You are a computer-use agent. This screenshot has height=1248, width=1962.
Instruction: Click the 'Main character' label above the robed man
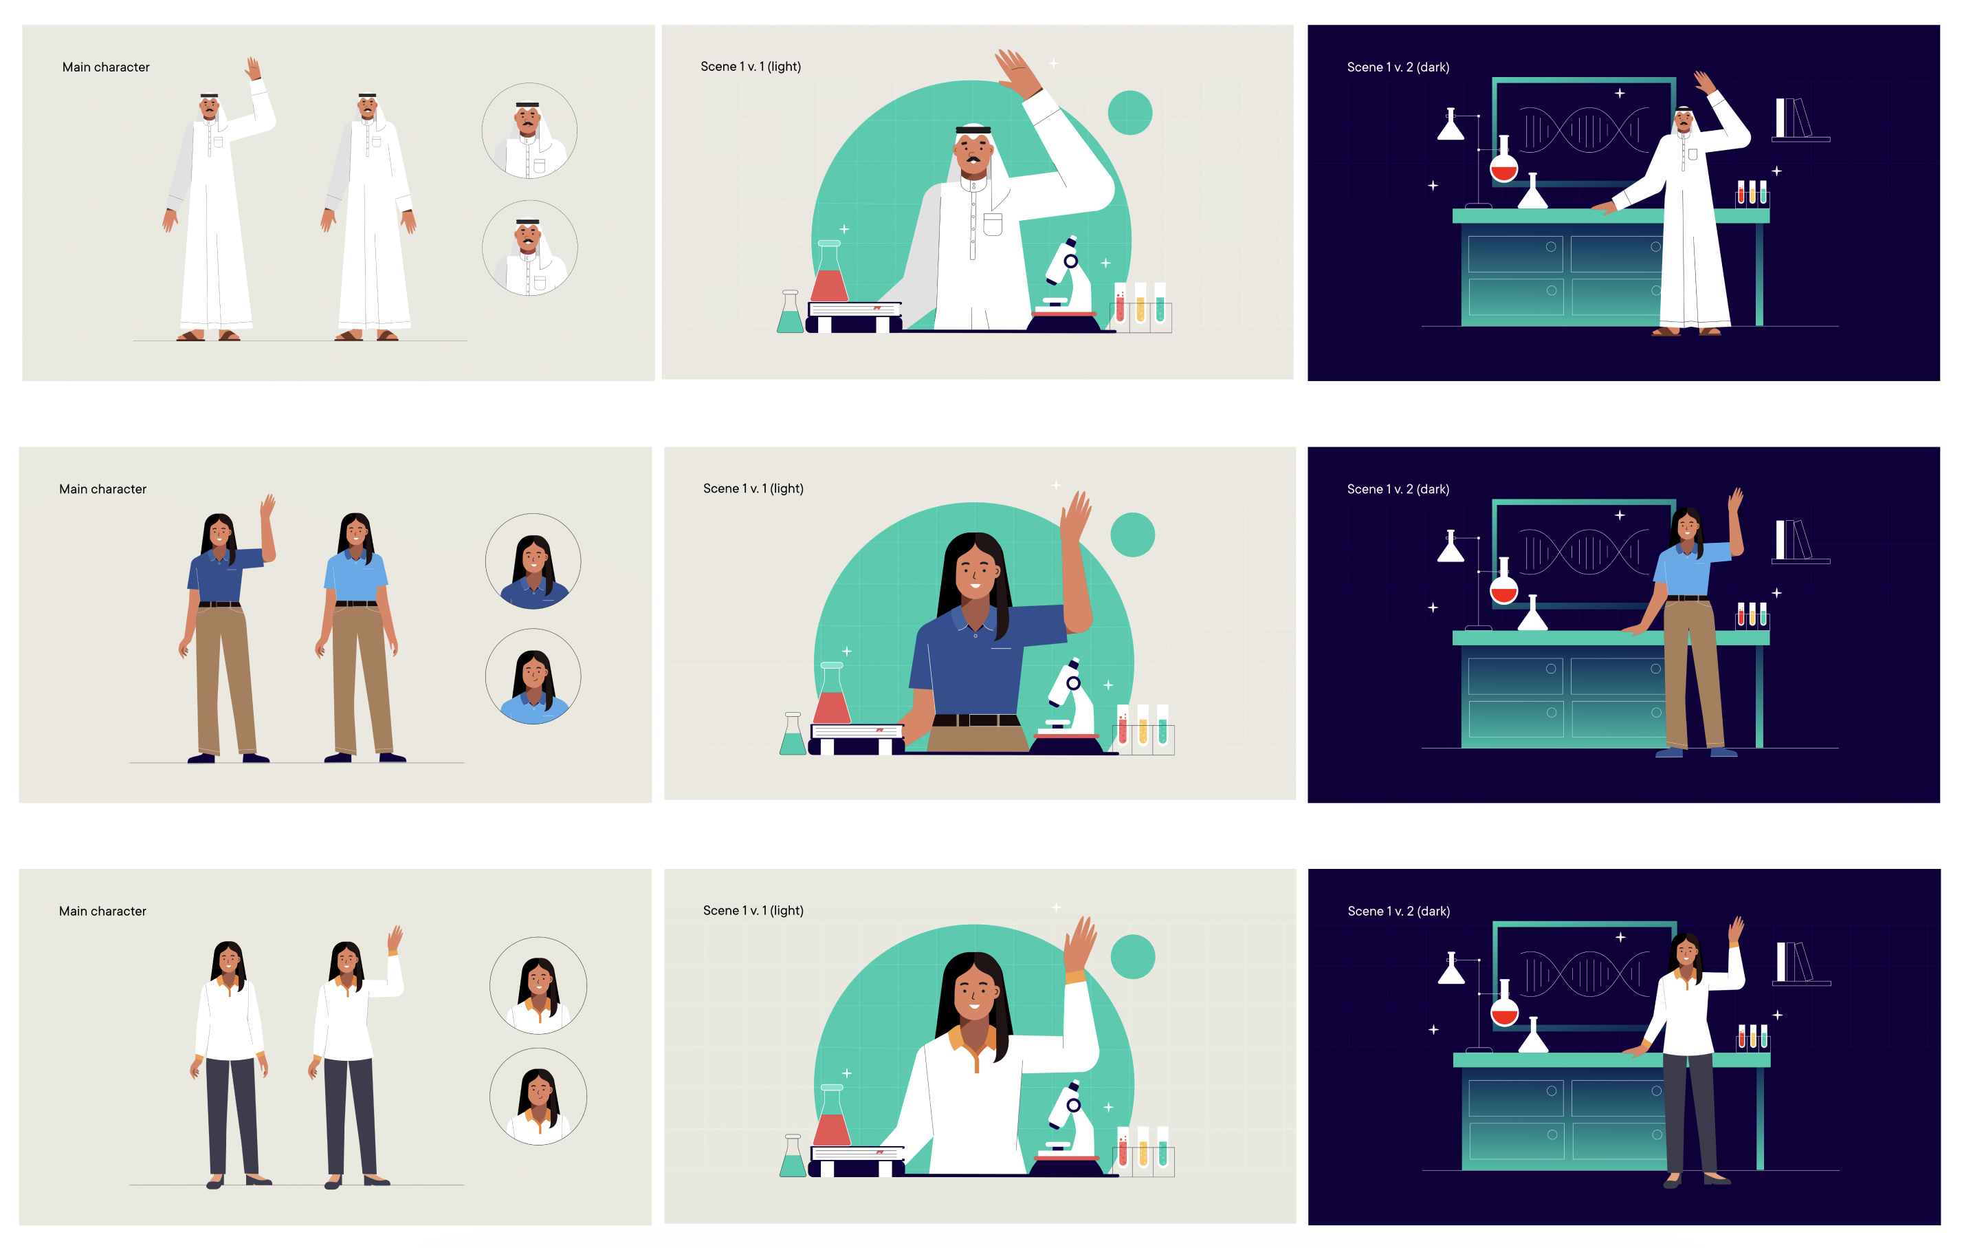pyautogui.click(x=106, y=67)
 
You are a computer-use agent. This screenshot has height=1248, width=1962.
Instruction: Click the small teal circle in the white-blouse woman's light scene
pyautogui.click(x=1132, y=956)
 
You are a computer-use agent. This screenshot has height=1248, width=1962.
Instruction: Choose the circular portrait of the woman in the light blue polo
pyautogui.click(x=533, y=676)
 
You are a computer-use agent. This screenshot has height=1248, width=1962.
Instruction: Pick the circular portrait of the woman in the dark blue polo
pyautogui.click(x=533, y=561)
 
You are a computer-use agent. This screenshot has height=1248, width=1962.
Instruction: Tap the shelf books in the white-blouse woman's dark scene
pyautogui.click(x=1796, y=962)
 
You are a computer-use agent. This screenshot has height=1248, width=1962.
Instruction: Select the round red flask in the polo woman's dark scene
pyautogui.click(x=1503, y=582)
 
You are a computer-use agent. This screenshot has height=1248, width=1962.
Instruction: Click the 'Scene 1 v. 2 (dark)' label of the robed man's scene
pyautogui.click(x=1398, y=67)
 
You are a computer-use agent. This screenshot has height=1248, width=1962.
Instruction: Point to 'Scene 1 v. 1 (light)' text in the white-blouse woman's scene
pyautogui.click(x=753, y=910)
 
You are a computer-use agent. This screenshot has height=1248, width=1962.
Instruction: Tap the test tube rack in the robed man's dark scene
pyautogui.click(x=1752, y=194)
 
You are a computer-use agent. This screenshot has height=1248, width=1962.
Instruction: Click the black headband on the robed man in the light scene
pyautogui.click(x=973, y=129)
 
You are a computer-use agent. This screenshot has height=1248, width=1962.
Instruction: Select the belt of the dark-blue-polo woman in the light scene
pyautogui.click(x=976, y=720)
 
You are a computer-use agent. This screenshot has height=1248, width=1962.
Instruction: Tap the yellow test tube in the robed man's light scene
pyautogui.click(x=1140, y=303)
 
